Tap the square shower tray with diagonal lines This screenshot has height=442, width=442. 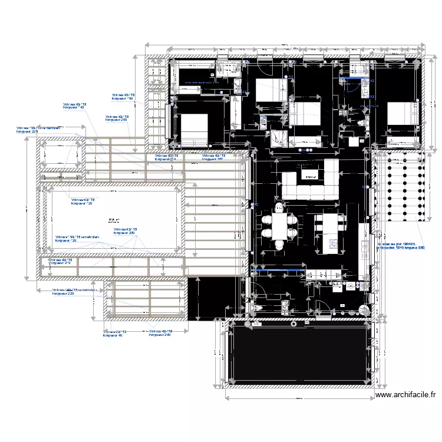278,138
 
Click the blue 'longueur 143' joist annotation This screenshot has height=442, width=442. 74,106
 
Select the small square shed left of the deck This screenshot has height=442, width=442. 61,154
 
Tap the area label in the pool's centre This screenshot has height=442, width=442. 112,220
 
